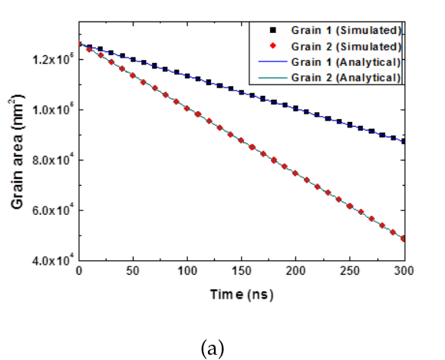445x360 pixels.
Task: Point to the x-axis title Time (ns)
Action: click(x=241, y=294)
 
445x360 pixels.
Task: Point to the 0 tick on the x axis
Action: click(x=79, y=272)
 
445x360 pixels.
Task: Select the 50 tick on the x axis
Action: click(x=133, y=272)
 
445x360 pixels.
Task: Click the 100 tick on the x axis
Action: click(x=187, y=272)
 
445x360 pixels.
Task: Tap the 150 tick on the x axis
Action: click(x=242, y=272)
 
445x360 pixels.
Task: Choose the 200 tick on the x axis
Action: click(x=296, y=272)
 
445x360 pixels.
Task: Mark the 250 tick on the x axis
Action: click(x=350, y=272)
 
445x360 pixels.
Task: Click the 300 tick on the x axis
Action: click(x=404, y=272)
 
